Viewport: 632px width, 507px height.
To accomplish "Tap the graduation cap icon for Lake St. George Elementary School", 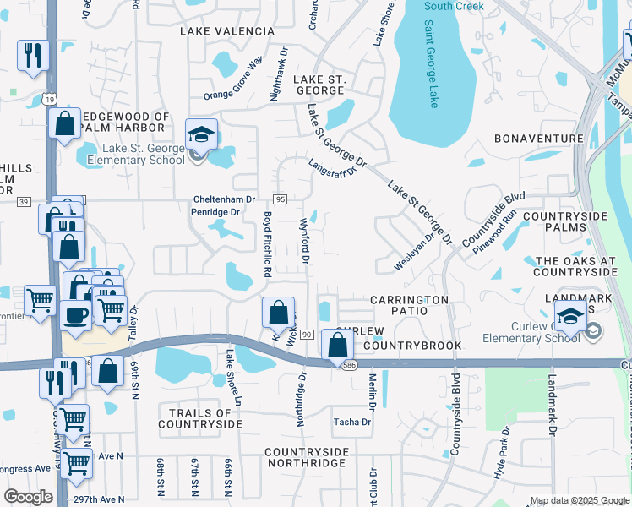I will click(202, 135).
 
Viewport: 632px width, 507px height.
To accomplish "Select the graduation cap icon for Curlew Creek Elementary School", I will click(571, 317).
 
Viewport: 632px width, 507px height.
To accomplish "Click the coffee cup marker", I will click(75, 315).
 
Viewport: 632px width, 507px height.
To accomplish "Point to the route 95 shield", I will click(281, 199).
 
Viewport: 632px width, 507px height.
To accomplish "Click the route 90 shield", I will click(306, 335).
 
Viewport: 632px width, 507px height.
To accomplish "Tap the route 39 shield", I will click(23, 201).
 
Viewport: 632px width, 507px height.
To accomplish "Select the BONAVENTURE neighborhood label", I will click(538, 138).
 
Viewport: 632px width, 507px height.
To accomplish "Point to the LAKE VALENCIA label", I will click(227, 30).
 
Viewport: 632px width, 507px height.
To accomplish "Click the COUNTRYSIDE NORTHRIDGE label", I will click(306, 458).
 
